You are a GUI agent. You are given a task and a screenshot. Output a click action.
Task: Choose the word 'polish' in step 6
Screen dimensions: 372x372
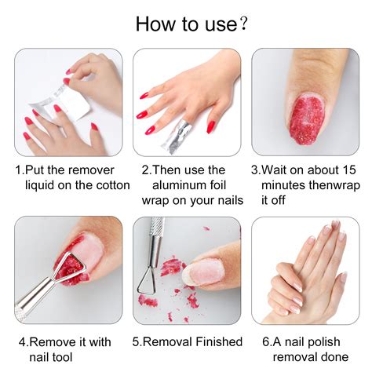(x=332, y=342)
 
